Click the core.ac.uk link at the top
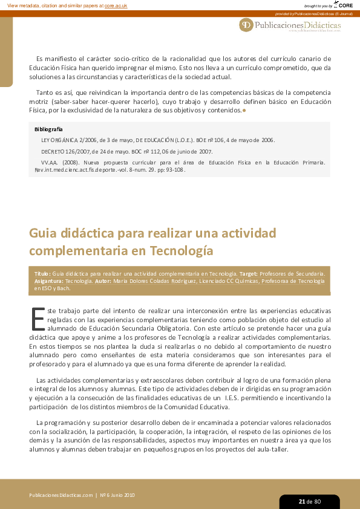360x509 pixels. pyautogui.click(x=116, y=5)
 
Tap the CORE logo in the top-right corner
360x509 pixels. pyautogui.click(x=343, y=5)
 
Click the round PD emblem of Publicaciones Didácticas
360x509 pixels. pyautogui.click(x=246, y=25)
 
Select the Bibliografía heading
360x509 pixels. pyautogui.click(x=48, y=129)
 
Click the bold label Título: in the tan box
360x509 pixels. pyautogui.click(x=43, y=274)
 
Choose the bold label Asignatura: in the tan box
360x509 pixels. pyautogui.click(x=48, y=281)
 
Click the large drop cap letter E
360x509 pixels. pyautogui.click(x=37, y=319)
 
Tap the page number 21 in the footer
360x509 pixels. pyautogui.click(x=301, y=501)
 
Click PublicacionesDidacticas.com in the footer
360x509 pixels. pyautogui.click(x=61, y=495)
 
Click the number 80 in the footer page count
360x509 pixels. pyautogui.click(x=317, y=501)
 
